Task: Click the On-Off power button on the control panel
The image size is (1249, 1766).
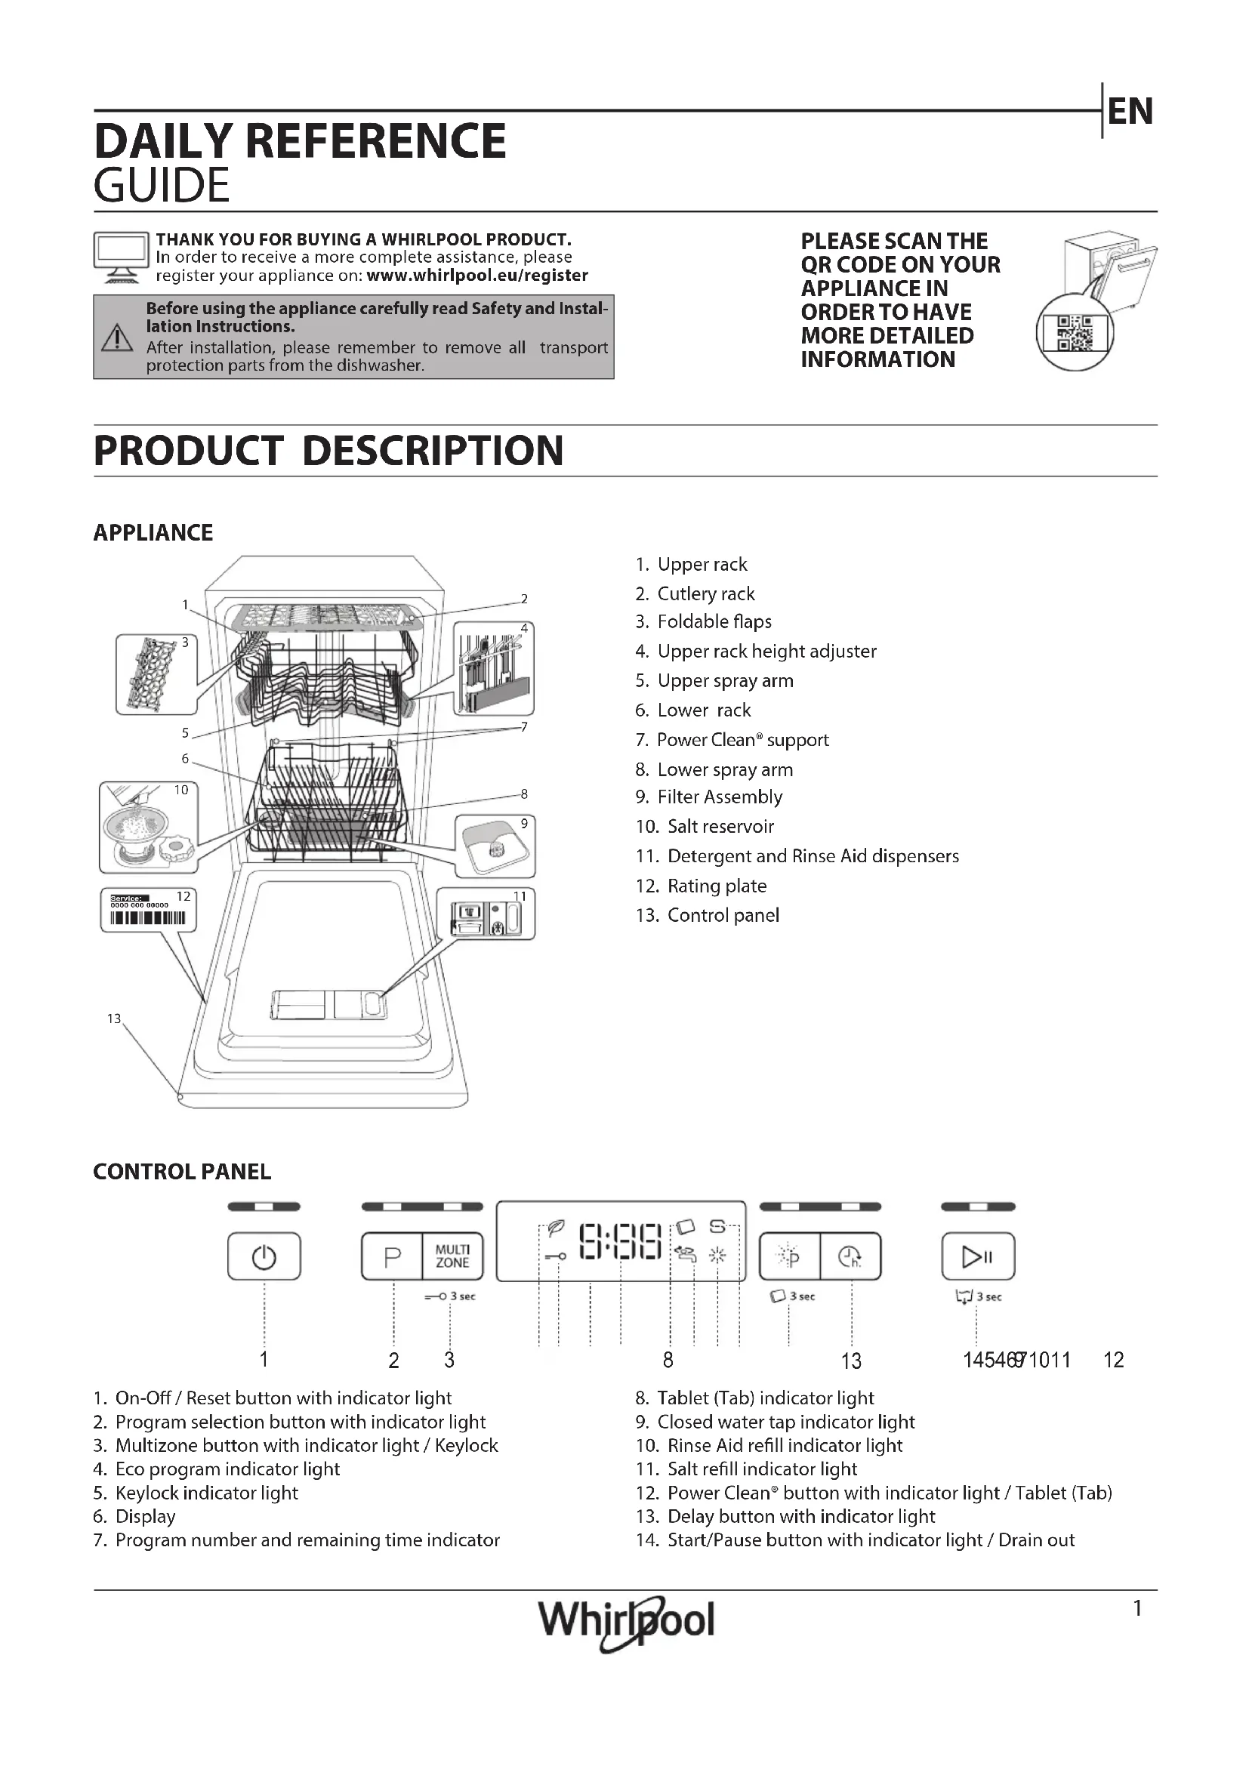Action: click(x=264, y=1257)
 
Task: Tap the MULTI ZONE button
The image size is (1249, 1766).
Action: click(x=452, y=1257)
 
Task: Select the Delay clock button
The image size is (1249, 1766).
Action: click(x=850, y=1257)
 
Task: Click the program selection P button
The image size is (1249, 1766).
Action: click(x=392, y=1257)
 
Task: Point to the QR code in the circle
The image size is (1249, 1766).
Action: click(x=1075, y=333)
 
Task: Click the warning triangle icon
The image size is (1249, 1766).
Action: click(x=117, y=337)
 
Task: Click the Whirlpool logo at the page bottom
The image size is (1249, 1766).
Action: click(x=626, y=1620)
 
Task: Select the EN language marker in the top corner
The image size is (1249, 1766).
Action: click(x=1130, y=112)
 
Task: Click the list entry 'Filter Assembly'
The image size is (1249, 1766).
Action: click(x=719, y=797)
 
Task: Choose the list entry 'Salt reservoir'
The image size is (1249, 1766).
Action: click(x=720, y=827)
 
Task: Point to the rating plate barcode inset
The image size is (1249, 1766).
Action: click(x=149, y=911)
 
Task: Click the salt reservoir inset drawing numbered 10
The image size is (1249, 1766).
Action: click(x=149, y=827)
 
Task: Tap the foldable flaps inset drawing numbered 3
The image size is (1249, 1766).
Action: click(x=156, y=673)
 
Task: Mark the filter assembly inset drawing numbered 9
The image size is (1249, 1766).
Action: click(x=495, y=846)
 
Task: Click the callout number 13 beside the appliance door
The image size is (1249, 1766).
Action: click(x=114, y=1019)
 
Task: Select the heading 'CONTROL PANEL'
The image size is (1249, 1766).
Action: click(x=182, y=1172)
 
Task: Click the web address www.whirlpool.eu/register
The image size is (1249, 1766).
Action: click(x=476, y=276)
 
